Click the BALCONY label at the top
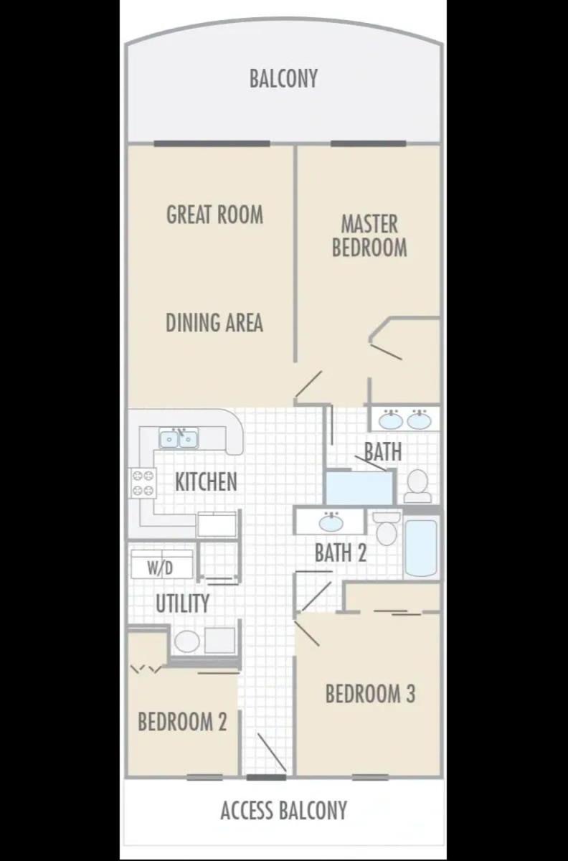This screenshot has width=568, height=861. [x=283, y=78]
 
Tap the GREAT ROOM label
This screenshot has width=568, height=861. [x=215, y=214]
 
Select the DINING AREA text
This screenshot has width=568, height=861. [x=214, y=322]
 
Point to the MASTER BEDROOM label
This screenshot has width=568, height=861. [x=369, y=235]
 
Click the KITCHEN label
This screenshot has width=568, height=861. [x=206, y=481]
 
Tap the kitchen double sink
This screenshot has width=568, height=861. [x=179, y=439]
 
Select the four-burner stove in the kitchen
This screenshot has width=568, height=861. [x=143, y=483]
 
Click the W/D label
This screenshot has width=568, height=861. [x=160, y=568]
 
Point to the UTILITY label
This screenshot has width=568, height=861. [x=183, y=603]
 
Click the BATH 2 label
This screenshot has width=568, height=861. [x=341, y=553]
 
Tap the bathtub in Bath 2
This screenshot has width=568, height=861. [x=421, y=547]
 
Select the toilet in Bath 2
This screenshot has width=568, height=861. [x=387, y=528]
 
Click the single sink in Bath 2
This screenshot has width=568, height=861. [x=331, y=522]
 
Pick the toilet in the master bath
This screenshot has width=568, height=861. [x=417, y=486]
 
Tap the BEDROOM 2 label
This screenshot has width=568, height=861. [x=182, y=722]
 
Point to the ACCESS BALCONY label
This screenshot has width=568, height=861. [x=283, y=810]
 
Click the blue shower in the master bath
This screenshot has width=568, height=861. [x=359, y=487]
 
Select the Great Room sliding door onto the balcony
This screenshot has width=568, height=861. [x=212, y=143]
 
